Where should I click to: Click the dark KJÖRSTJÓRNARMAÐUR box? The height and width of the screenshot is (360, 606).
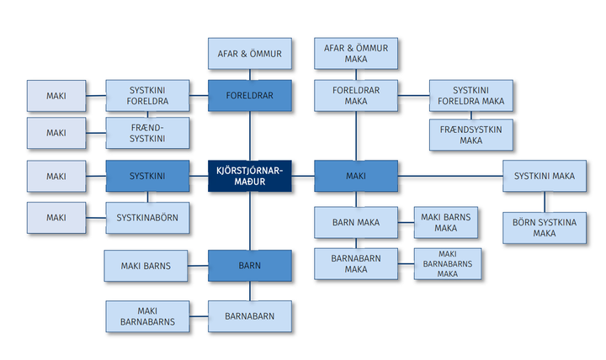[x=249, y=176]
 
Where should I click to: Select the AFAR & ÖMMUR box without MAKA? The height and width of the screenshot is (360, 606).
[x=249, y=54]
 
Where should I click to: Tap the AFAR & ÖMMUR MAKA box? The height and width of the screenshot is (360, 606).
[x=355, y=54]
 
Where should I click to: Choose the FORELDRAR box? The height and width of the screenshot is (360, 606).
[x=249, y=96]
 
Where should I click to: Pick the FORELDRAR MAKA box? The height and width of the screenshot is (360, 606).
[x=355, y=96]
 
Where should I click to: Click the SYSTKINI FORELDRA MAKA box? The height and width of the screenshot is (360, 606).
[x=470, y=96]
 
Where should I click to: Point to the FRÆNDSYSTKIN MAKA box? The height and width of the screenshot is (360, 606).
[x=470, y=135]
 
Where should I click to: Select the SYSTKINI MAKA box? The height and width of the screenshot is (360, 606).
[x=545, y=176]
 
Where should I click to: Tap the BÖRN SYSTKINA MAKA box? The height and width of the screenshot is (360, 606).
[x=545, y=227]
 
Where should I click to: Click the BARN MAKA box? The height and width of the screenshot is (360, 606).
[x=355, y=223]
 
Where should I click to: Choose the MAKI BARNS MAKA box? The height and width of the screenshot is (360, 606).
[x=448, y=223]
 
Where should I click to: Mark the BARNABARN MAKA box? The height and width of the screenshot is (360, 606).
[x=355, y=263]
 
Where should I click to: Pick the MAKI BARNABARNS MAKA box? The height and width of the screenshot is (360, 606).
[x=448, y=263]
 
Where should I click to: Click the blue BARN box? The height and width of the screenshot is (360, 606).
[x=249, y=266]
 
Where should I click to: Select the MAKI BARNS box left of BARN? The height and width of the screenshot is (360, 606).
[x=145, y=266]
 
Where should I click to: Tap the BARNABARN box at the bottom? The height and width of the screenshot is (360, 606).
[x=249, y=316]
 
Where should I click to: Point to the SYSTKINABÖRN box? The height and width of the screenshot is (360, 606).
[x=147, y=218]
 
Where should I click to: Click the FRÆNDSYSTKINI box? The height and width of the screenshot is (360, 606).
[x=147, y=133]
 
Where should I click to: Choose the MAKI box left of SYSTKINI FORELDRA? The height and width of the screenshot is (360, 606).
[x=56, y=96]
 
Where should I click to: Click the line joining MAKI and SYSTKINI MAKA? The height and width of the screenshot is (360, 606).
[x=450, y=176]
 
